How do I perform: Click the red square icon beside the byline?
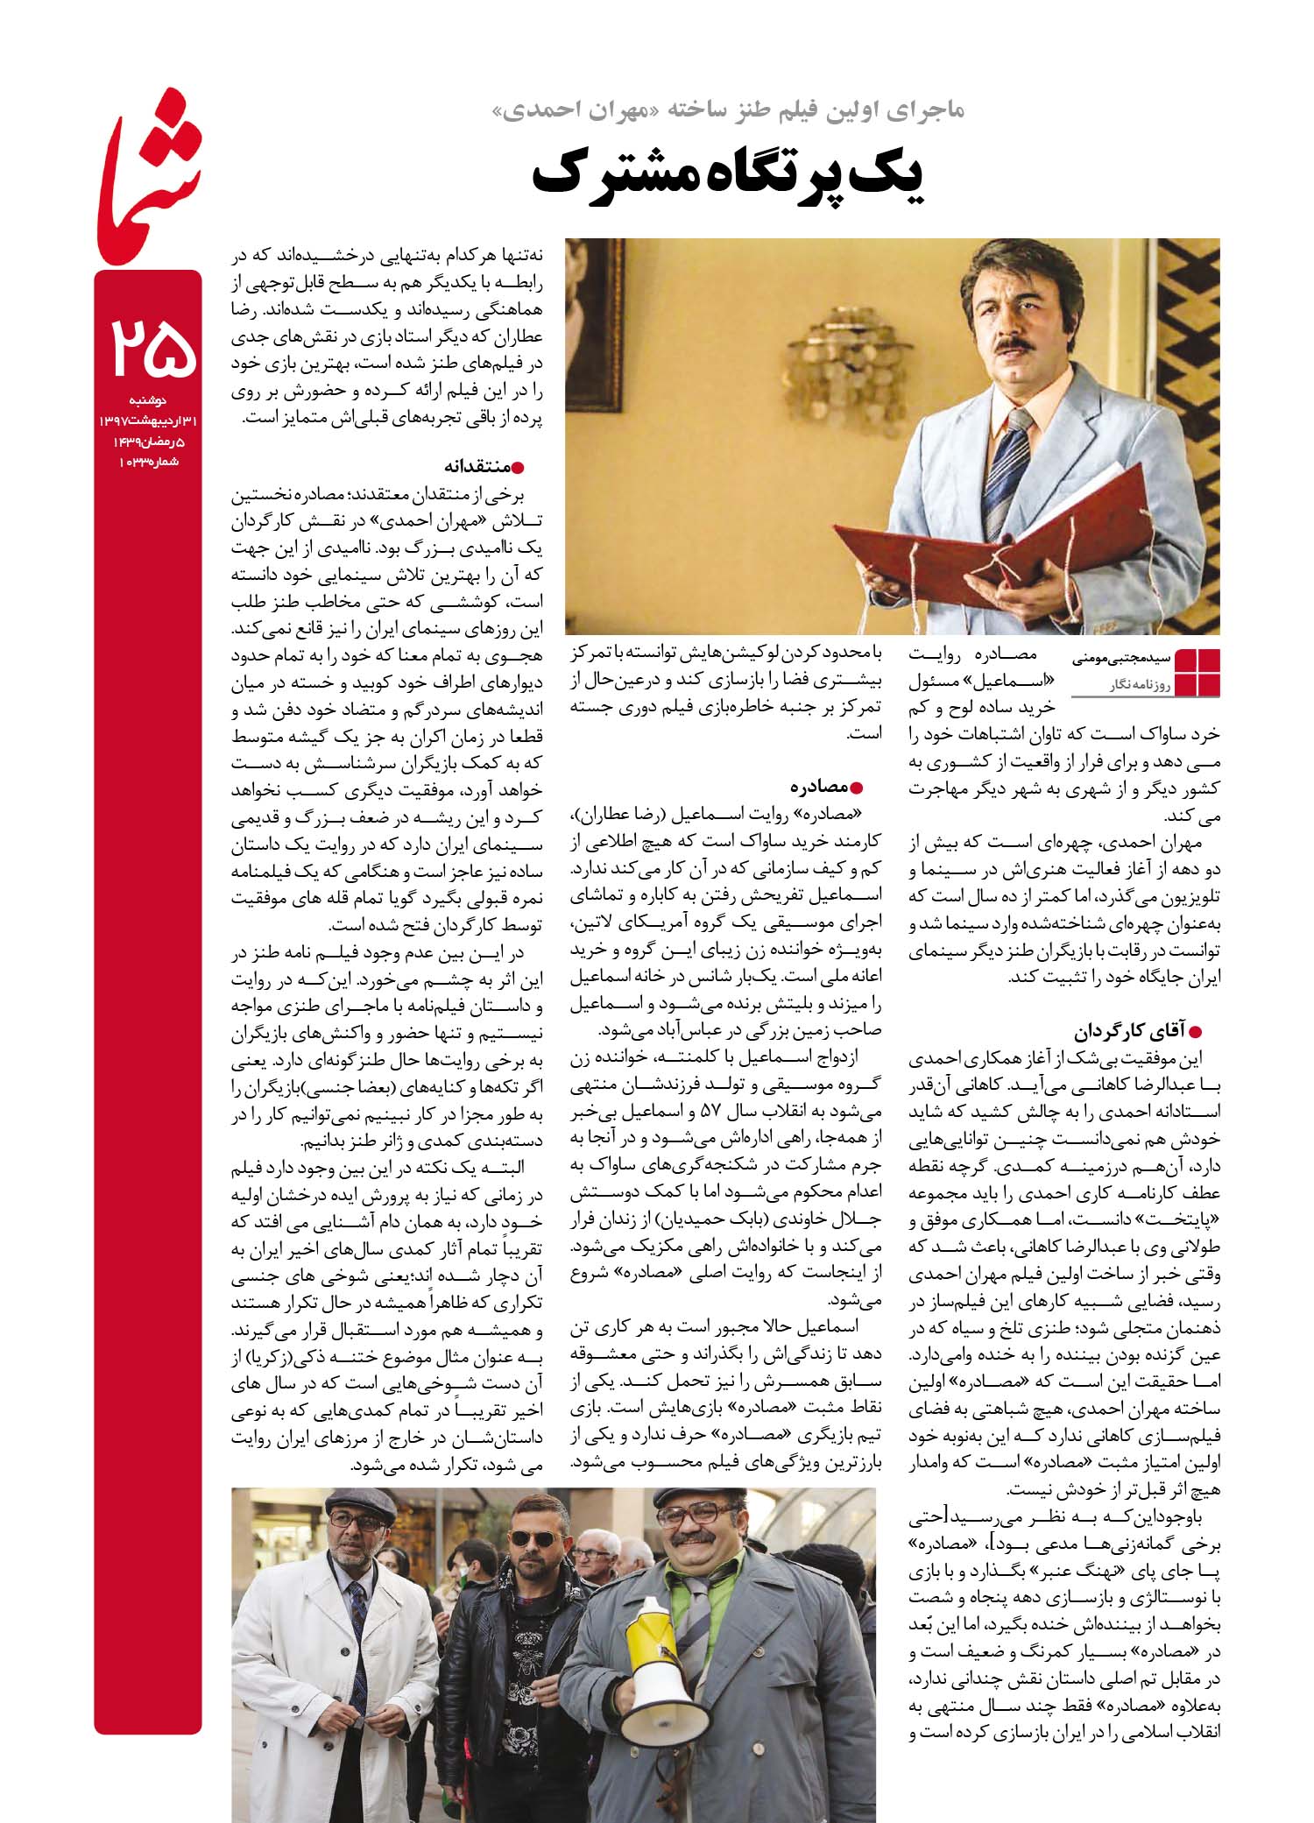pyautogui.click(x=1197, y=672)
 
